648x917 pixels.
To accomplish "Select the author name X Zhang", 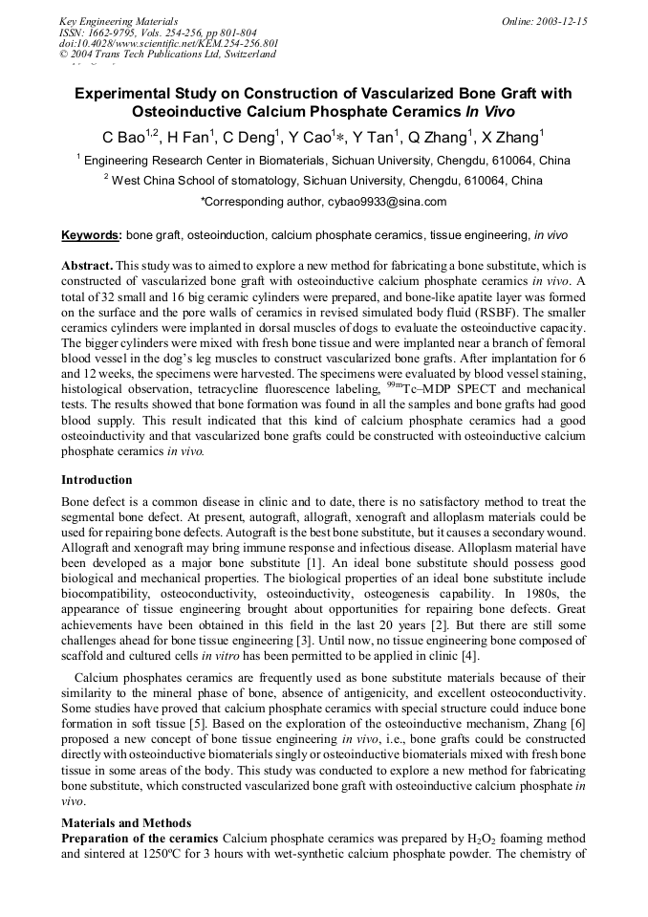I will (515, 136).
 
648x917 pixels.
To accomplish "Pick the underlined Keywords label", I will (91, 234).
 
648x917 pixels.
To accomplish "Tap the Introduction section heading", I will (97, 479).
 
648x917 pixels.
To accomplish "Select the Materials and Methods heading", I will (126, 822).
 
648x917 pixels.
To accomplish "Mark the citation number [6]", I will (578, 747).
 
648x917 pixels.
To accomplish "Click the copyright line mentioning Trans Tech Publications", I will (167, 55).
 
